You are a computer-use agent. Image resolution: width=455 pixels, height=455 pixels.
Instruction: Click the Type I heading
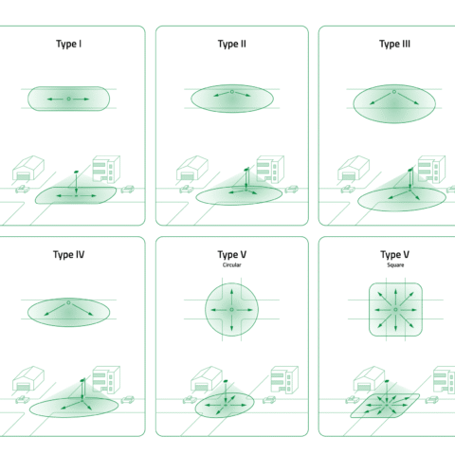68,44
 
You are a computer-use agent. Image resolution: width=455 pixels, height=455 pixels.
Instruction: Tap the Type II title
232,44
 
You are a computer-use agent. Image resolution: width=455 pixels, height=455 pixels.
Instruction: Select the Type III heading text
395,44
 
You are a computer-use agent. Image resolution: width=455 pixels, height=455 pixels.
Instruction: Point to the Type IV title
68,255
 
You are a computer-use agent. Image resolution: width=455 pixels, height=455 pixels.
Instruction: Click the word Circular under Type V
232,264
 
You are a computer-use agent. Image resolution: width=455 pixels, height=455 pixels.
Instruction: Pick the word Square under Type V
395,264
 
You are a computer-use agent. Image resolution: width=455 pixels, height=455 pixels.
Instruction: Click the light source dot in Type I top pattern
69,99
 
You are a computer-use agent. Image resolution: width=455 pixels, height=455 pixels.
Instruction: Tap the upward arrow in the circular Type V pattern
231,297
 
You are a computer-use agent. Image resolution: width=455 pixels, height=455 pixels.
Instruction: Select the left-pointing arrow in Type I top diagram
56,99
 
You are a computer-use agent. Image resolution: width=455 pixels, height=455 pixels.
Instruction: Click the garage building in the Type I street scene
28,168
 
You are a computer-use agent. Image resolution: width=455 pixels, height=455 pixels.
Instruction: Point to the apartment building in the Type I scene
106,169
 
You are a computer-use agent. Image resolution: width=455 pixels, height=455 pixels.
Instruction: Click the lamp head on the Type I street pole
76,173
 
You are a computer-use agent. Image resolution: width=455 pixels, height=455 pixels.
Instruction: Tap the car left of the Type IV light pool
23,400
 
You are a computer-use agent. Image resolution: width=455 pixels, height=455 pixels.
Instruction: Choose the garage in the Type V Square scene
369,379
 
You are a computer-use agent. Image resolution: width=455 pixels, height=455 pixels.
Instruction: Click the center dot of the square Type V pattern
395,310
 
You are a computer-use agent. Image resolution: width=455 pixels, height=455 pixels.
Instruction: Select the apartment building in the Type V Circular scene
284,379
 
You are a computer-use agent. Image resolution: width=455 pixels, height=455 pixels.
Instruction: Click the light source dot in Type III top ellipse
394,92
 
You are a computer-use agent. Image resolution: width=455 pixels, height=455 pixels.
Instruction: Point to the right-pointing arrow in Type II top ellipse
243,94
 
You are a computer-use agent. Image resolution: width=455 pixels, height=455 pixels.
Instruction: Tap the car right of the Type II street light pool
291,189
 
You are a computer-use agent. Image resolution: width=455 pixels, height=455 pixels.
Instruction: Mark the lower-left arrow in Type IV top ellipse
55,310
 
